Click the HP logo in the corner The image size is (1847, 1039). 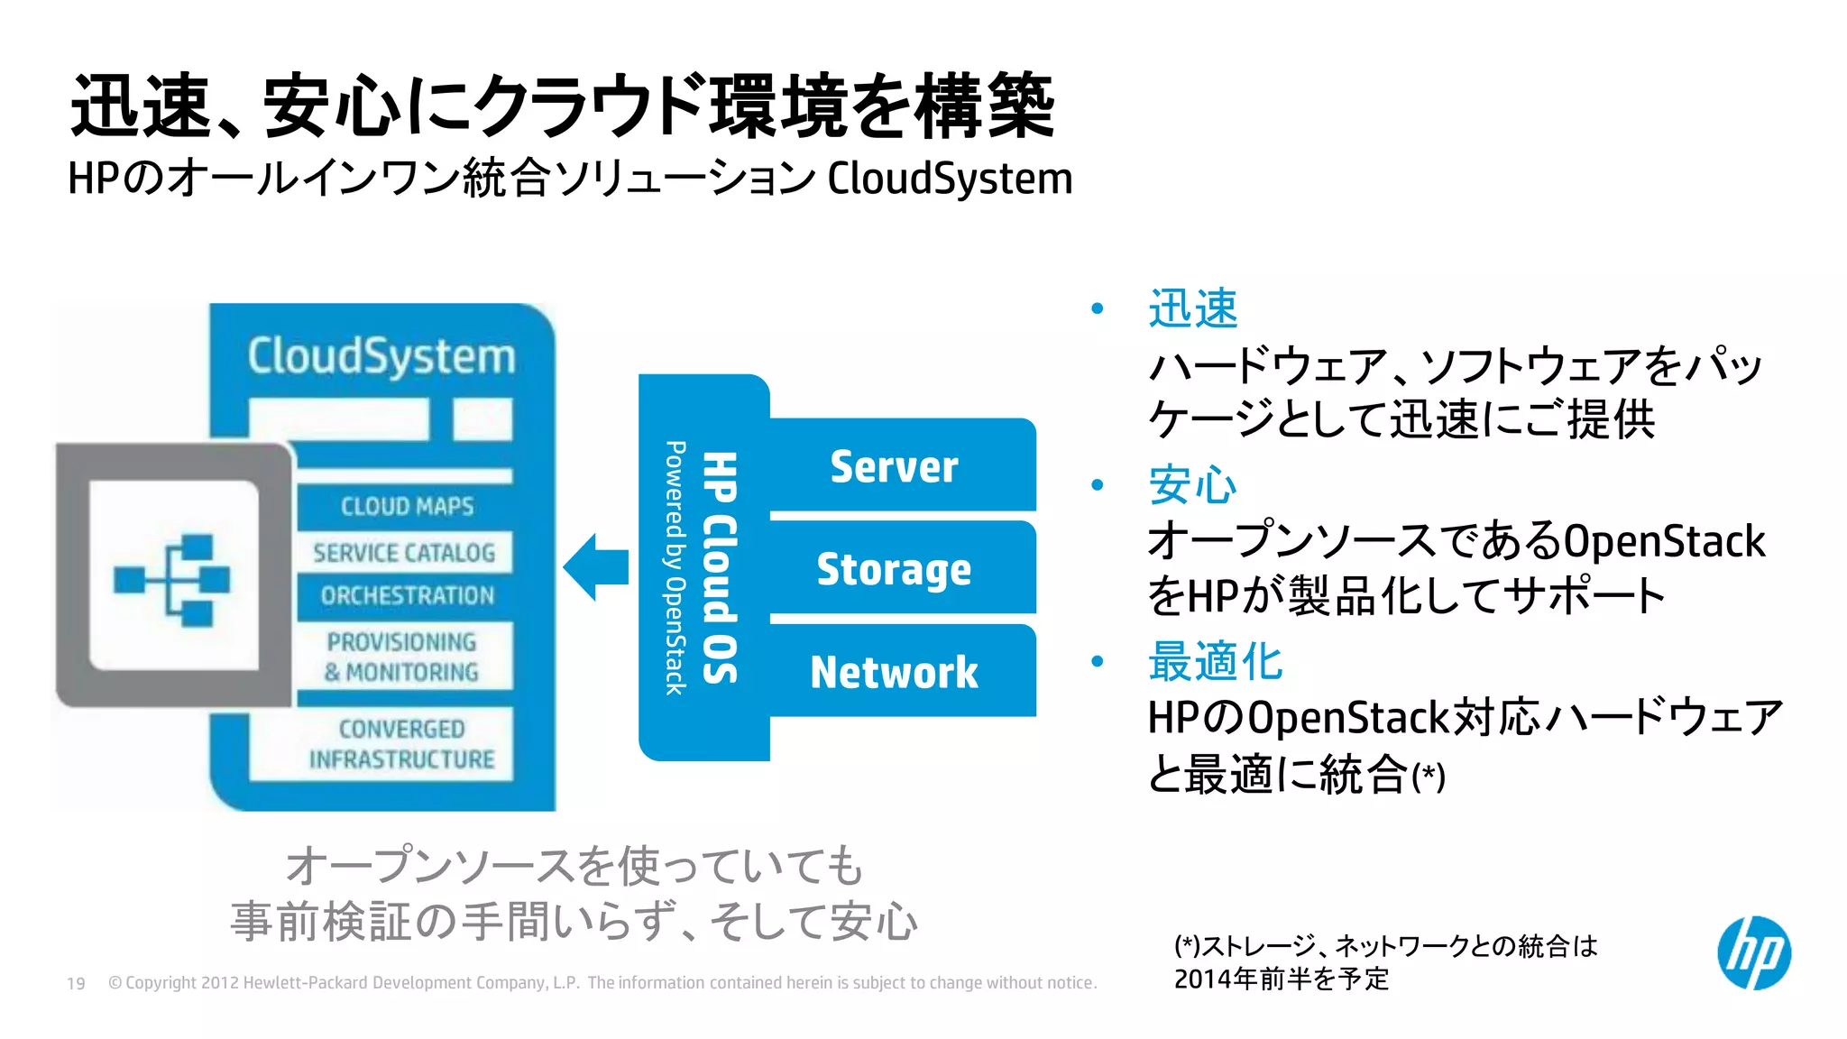point(1753,953)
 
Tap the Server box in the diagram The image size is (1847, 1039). point(894,466)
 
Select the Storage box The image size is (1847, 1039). point(894,569)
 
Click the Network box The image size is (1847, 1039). point(894,672)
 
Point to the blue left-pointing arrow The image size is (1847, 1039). point(596,567)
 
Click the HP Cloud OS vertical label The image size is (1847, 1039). point(721,567)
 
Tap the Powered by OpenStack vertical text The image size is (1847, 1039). point(675,567)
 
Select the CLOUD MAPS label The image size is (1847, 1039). point(407,506)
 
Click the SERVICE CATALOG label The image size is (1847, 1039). point(404,552)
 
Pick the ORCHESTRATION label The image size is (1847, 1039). point(407,595)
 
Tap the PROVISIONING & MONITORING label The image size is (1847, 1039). point(402,657)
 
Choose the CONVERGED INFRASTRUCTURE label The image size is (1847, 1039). point(402,744)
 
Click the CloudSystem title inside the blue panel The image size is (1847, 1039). point(381,356)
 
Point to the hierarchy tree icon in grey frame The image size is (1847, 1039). point(173,579)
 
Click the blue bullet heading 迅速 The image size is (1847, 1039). point(1192,308)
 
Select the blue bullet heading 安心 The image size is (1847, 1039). point(1192,485)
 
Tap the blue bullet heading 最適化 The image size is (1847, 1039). point(1215,661)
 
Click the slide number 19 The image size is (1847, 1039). point(76,983)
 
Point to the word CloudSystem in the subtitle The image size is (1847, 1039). point(950,179)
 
